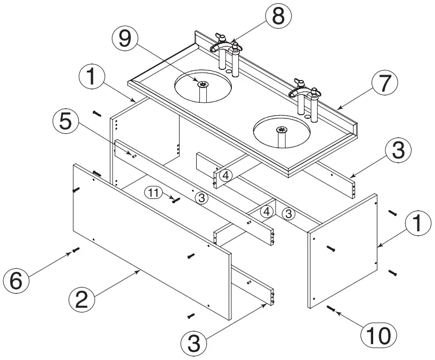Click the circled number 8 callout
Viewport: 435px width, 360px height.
point(277,17)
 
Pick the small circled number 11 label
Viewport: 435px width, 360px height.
point(154,194)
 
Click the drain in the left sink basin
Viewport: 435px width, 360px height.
point(203,84)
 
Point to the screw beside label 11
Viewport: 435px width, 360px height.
point(175,200)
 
